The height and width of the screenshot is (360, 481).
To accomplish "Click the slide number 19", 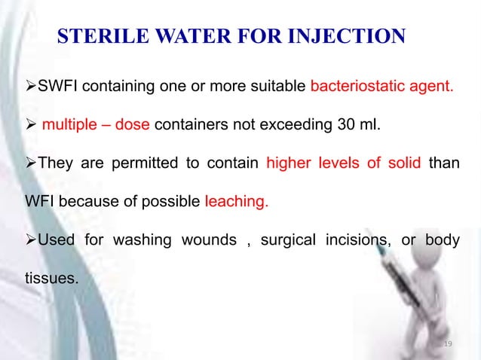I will pyautogui.click(x=447, y=344).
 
